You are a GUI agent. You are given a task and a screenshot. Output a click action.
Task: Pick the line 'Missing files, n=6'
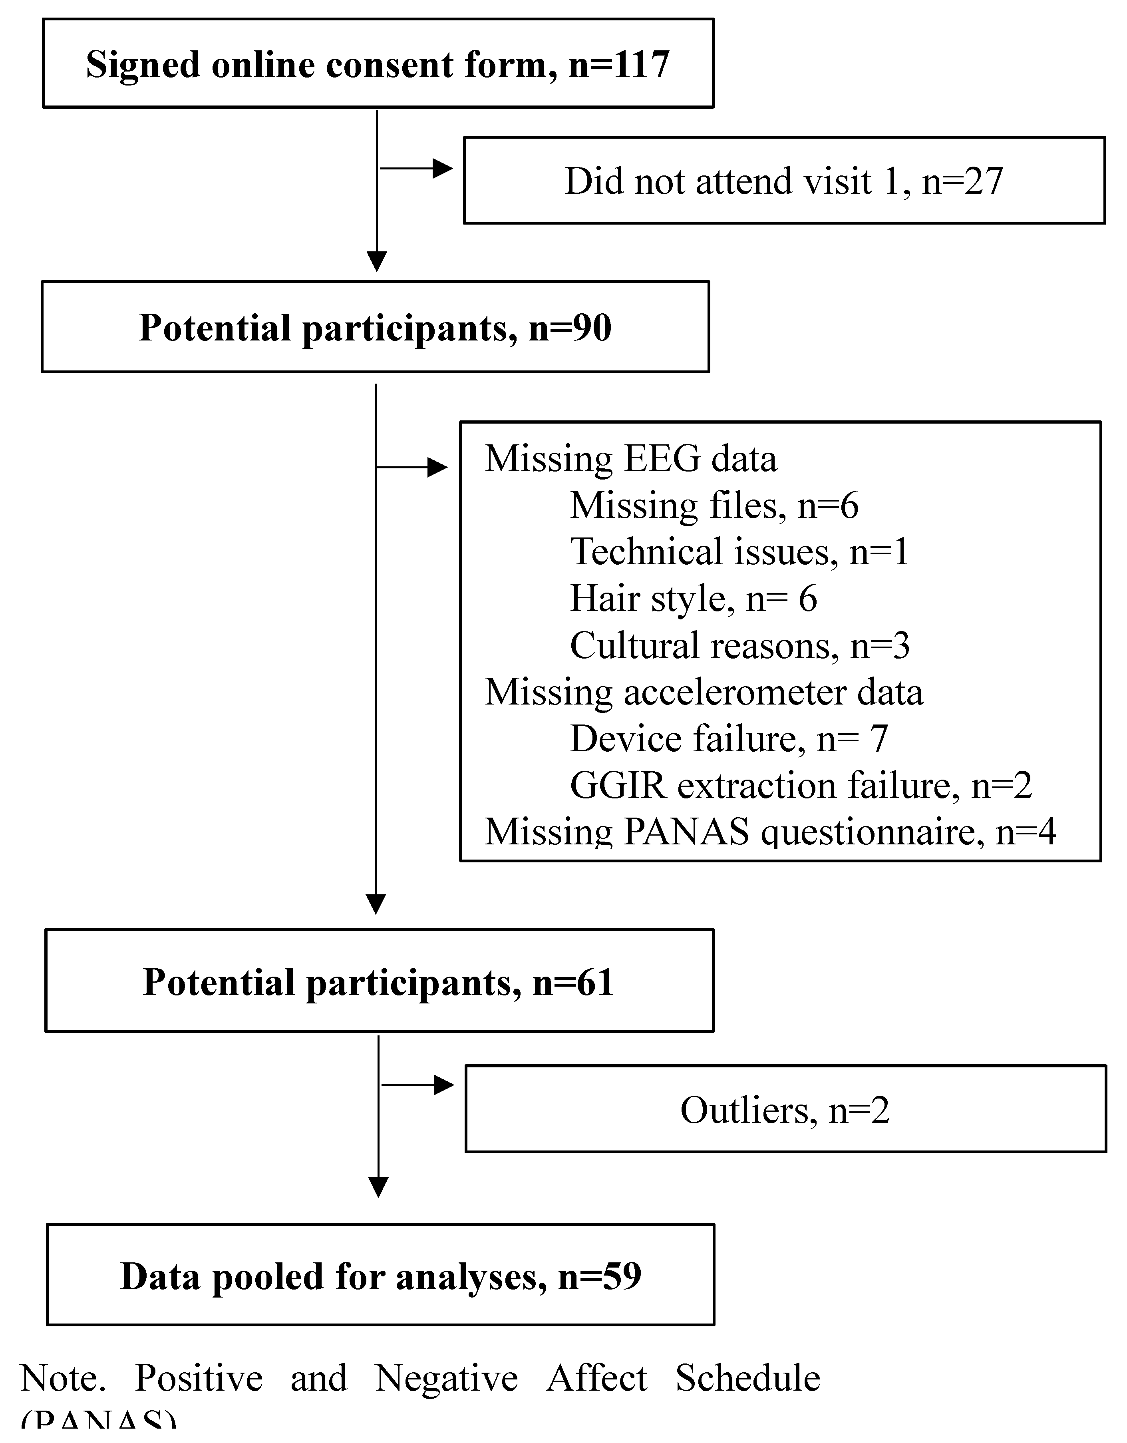point(714,506)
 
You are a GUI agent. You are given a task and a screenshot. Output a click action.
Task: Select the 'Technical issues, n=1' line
point(739,552)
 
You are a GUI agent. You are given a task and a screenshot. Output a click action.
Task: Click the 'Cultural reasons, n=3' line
point(739,645)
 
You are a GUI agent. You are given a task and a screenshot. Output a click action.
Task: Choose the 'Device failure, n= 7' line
point(728,738)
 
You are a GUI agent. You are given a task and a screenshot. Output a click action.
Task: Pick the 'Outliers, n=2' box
point(785,1110)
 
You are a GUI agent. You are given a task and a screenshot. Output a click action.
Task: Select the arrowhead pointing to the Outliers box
point(443,1085)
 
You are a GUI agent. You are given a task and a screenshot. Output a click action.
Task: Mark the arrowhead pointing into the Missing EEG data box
point(437,468)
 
